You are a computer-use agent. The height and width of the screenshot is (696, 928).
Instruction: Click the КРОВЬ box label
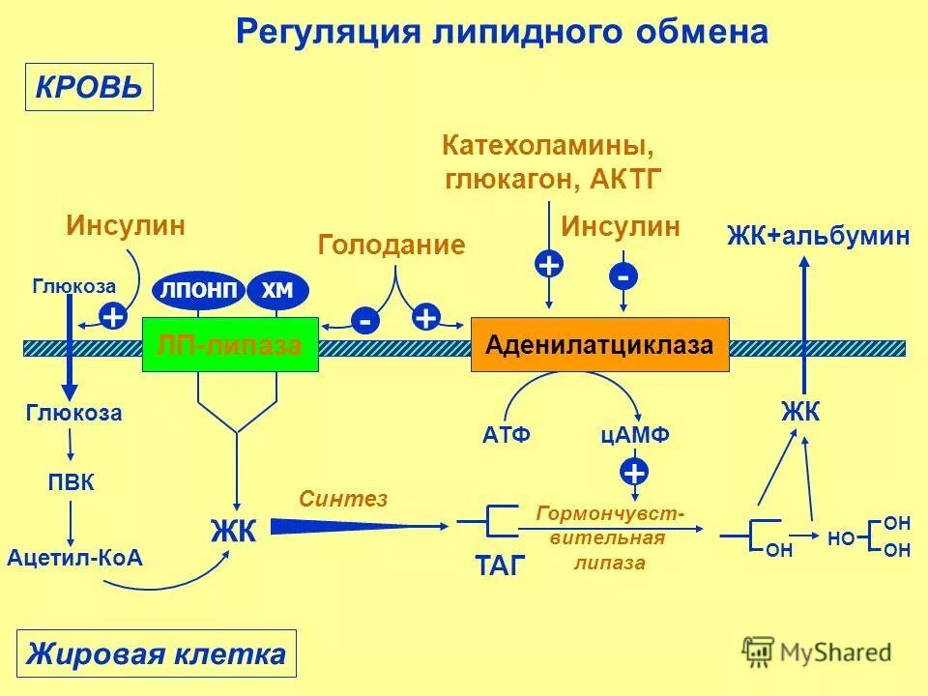89,88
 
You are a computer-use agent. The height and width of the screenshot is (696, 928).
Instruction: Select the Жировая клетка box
156,653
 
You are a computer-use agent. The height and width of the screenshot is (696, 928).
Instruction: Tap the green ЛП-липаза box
230,344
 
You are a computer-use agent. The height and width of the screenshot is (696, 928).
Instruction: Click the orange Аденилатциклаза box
599,344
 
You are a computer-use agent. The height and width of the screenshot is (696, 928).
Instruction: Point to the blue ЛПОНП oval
198,291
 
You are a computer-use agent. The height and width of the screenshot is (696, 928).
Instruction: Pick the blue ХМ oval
277,291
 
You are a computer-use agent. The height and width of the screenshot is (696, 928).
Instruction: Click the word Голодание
391,245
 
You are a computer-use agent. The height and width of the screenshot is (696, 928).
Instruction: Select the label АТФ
507,436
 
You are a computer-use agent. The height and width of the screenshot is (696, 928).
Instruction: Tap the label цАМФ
635,436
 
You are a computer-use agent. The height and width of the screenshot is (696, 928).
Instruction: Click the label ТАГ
500,565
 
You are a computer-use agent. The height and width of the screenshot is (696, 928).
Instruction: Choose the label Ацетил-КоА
74,558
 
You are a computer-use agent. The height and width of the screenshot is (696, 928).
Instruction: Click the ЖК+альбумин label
819,235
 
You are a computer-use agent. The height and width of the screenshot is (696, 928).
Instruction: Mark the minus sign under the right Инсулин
623,276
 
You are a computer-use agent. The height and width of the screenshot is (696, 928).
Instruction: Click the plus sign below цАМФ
634,473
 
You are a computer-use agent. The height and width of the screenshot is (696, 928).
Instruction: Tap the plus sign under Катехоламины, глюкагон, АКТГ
549,265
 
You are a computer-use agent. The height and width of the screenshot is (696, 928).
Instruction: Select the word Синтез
343,498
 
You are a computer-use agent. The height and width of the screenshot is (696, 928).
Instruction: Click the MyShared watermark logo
817,652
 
